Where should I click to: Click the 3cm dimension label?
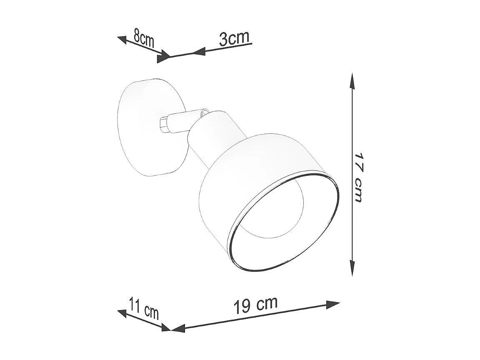coord(234,38)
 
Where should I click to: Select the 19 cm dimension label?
coord(255,305)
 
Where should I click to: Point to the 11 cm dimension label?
coord(144,308)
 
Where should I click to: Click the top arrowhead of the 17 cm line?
coord(352,81)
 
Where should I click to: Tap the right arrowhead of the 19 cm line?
coord(333,305)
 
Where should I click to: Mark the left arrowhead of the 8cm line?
coord(122,39)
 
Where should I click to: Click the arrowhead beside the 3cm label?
coord(200,52)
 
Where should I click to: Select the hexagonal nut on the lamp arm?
coord(164,124)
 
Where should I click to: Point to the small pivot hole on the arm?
coord(205,112)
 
